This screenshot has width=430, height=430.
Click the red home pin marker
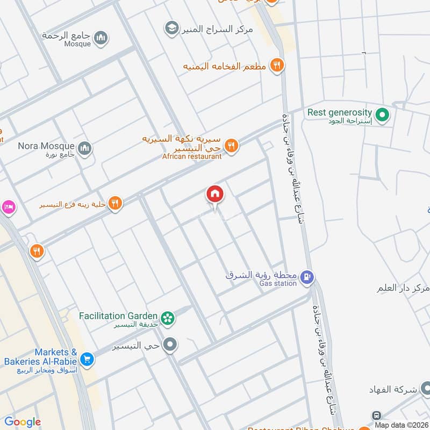pos(215,195)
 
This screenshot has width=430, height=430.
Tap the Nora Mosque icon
pos(84,148)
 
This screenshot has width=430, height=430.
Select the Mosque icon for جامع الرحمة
pos(101,38)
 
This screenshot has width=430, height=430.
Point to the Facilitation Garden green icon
pos(169,318)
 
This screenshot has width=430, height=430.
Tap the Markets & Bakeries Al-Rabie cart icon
pos(87,358)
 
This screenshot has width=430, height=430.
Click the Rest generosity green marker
pos(382,115)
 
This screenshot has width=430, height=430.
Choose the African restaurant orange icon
pos(231,146)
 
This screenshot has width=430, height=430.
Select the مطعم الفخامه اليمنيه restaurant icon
pos(277,66)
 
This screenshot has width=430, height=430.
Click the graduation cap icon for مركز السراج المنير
pos(172,28)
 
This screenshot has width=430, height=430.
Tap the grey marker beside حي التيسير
pos(170,345)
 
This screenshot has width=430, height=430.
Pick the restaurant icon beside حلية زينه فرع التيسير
pos(114,203)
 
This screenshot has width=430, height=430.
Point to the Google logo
pos(23,422)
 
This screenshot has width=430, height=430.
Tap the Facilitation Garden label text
pos(118,316)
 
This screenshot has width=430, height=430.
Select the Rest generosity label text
pos(340,112)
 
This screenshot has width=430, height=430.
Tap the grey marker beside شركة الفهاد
pos(425,388)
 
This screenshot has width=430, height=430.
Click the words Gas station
pos(278,283)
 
